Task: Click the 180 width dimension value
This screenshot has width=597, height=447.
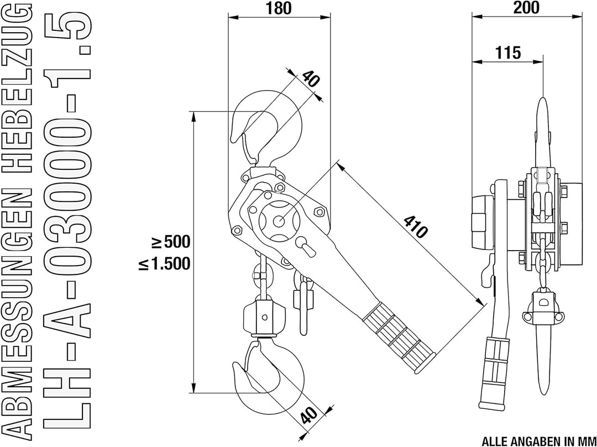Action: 279,8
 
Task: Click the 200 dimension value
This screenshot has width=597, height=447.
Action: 527,8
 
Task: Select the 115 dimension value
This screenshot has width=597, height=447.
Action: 508,53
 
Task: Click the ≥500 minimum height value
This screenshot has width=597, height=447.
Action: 171,242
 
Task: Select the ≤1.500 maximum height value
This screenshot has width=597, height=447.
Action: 164,263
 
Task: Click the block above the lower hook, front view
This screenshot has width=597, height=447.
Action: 264,316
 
